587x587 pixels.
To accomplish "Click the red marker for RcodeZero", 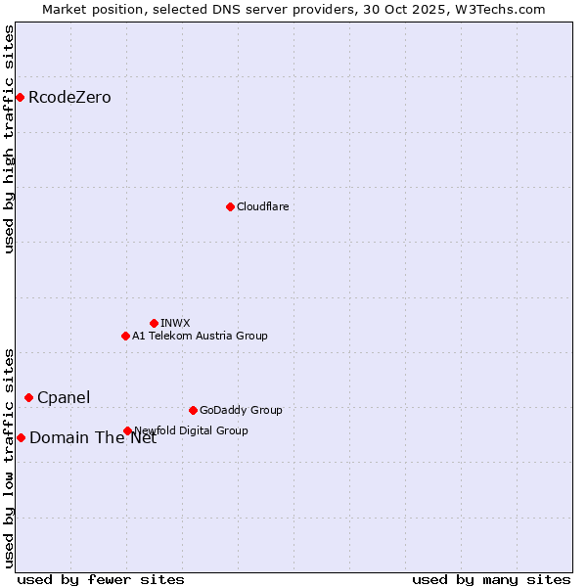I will [x=20, y=97].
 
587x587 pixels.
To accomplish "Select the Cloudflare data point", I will [x=230, y=206].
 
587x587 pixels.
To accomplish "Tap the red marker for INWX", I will [x=154, y=323].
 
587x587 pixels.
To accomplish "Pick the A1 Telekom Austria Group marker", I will [x=125, y=336].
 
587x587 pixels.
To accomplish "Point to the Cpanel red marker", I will [x=28, y=397].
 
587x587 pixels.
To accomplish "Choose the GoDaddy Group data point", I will [x=193, y=410].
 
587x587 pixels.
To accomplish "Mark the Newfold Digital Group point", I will [x=128, y=430].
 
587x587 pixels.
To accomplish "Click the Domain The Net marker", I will [x=21, y=437].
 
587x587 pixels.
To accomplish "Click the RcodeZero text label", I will [x=69, y=98].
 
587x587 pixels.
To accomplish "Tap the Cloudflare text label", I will [x=262, y=206].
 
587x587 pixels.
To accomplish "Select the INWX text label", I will [x=175, y=323].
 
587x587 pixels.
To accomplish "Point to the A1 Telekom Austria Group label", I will [x=200, y=336].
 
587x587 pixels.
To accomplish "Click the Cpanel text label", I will [x=64, y=397].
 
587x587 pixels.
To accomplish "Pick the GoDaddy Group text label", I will [x=241, y=410].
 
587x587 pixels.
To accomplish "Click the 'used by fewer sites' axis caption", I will [x=101, y=579].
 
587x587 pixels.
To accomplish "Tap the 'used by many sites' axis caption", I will [x=491, y=579].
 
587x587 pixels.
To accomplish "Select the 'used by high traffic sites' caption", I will [x=10, y=139].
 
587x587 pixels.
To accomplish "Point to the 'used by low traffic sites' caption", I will [x=10, y=458].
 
